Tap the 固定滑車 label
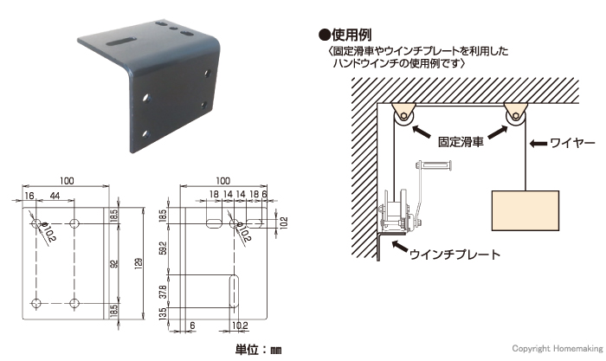point(461,142)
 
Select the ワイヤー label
point(572,144)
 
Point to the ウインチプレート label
point(455,255)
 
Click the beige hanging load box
point(525,210)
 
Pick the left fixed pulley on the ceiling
point(403,117)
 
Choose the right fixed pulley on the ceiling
point(516,116)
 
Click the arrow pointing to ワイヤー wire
point(538,144)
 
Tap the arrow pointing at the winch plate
point(400,248)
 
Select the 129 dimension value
point(139,264)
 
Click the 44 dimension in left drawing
point(55,196)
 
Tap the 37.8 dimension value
point(163,292)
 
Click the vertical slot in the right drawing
point(234,292)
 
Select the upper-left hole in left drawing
point(36,223)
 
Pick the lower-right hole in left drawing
point(74,303)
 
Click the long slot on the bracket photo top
point(120,42)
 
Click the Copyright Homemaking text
point(558,349)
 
